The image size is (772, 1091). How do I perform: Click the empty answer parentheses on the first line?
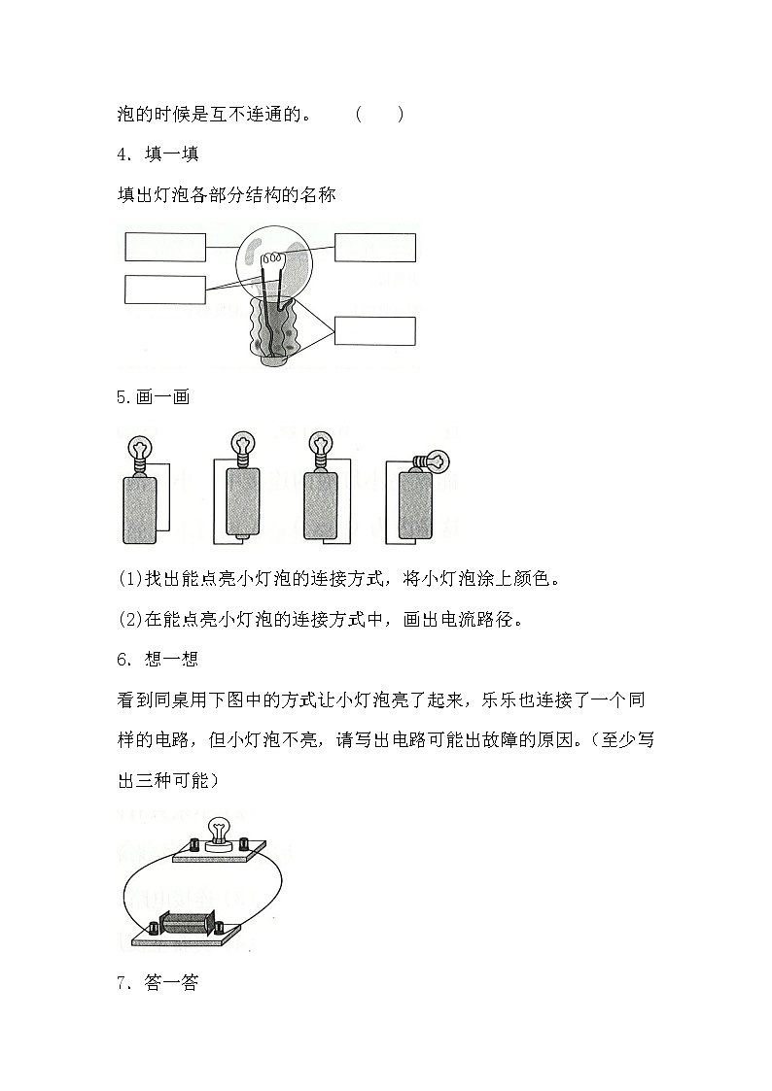379,115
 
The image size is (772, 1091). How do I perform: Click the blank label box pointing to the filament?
375,248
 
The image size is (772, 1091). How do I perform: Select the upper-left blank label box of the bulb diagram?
164,247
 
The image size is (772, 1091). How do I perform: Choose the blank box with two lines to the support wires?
164,290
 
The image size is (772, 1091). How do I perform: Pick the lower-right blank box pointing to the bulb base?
375,331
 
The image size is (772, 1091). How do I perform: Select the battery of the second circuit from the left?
243,502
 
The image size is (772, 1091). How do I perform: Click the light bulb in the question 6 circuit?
220,829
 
